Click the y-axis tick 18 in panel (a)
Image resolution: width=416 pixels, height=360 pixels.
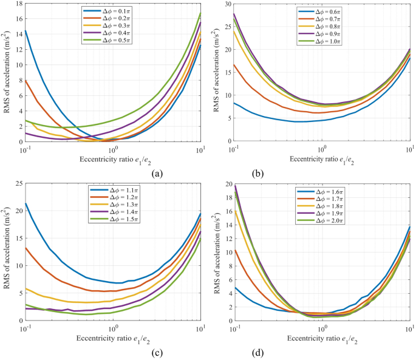click(17, 4)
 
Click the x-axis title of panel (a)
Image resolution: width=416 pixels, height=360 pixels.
click(113, 159)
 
